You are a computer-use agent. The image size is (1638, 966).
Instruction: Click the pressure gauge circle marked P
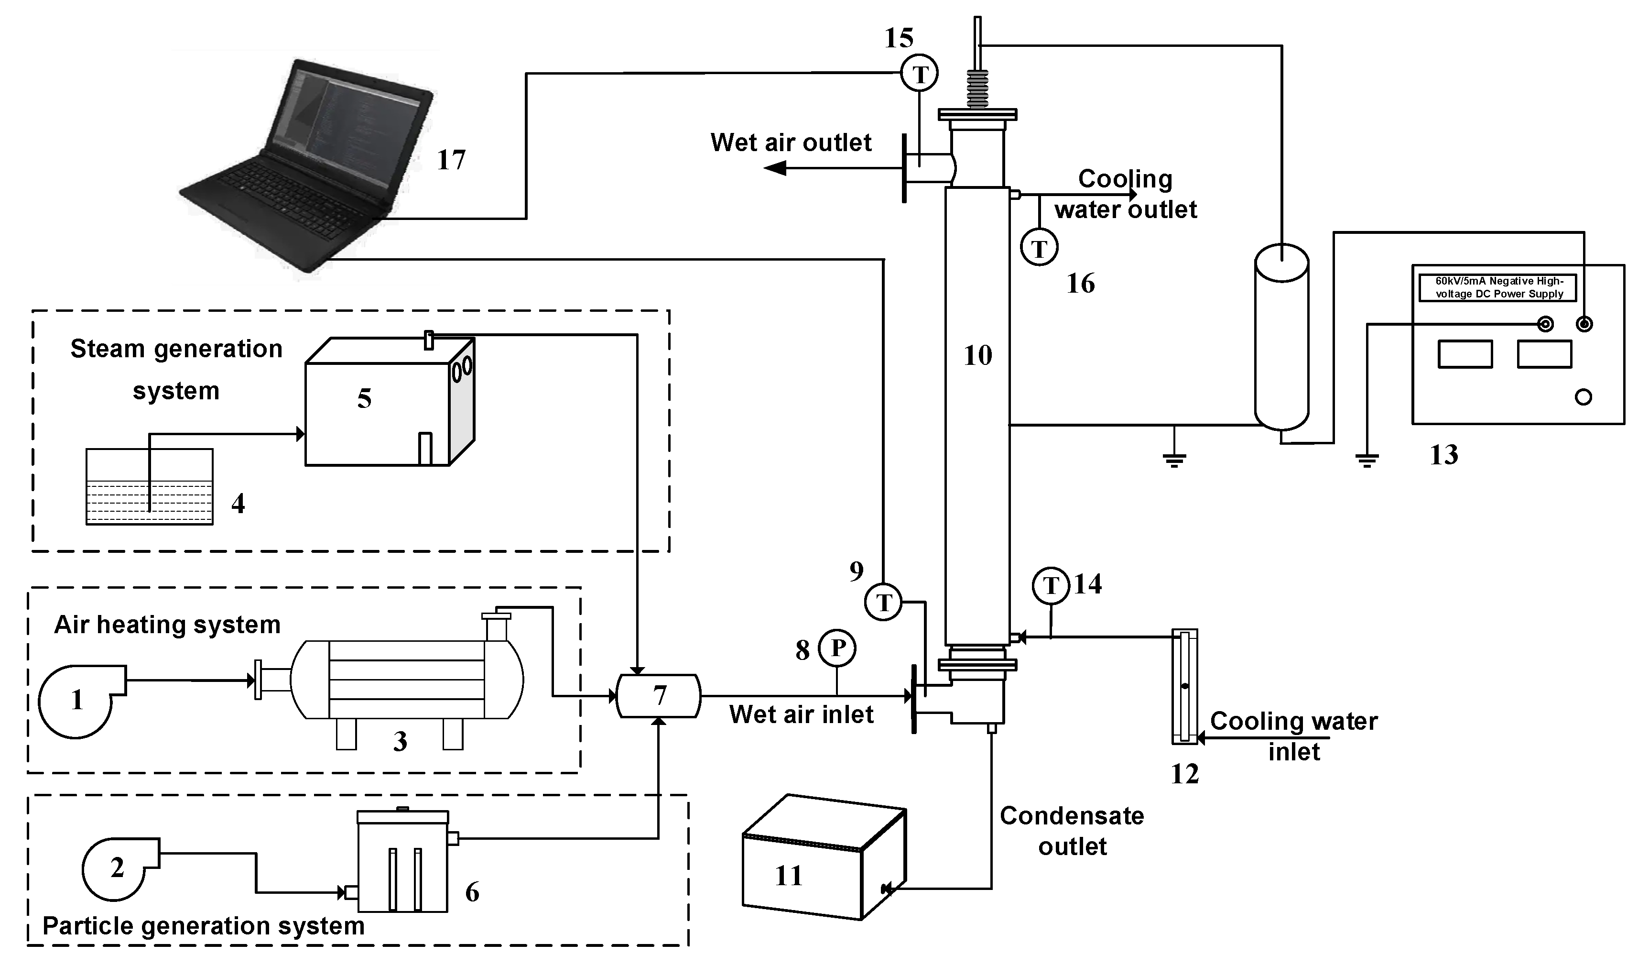click(x=837, y=648)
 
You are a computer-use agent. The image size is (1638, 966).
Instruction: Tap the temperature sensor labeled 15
click(x=919, y=74)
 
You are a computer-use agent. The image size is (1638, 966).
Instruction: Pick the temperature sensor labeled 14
click(x=1051, y=586)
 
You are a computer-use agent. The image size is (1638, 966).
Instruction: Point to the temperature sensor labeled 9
click(x=883, y=602)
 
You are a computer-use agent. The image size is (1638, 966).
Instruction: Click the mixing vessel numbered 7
click(x=658, y=696)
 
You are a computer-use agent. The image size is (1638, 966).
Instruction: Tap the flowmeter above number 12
click(x=1184, y=686)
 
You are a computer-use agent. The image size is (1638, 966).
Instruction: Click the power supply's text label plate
click(x=1498, y=287)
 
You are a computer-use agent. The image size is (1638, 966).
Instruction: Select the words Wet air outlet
click(x=791, y=143)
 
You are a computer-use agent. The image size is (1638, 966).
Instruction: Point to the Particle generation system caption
click(x=203, y=926)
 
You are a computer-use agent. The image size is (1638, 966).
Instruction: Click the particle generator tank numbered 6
click(x=403, y=863)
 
